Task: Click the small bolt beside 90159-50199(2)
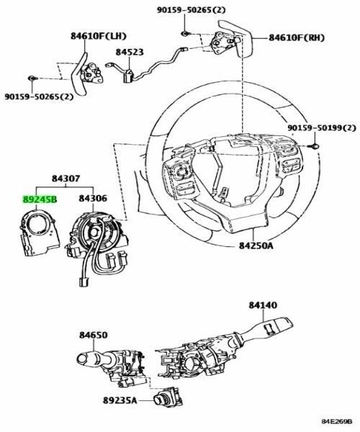click(x=315, y=147)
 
